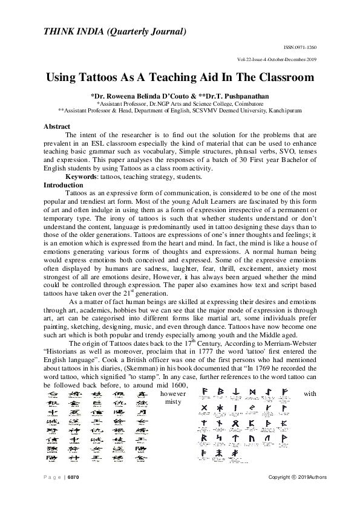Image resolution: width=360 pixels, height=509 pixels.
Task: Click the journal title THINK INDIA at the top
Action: (x=82, y=31)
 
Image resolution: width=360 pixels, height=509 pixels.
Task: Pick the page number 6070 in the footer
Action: (x=73, y=478)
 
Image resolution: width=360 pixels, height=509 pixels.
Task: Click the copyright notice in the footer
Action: (x=298, y=478)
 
